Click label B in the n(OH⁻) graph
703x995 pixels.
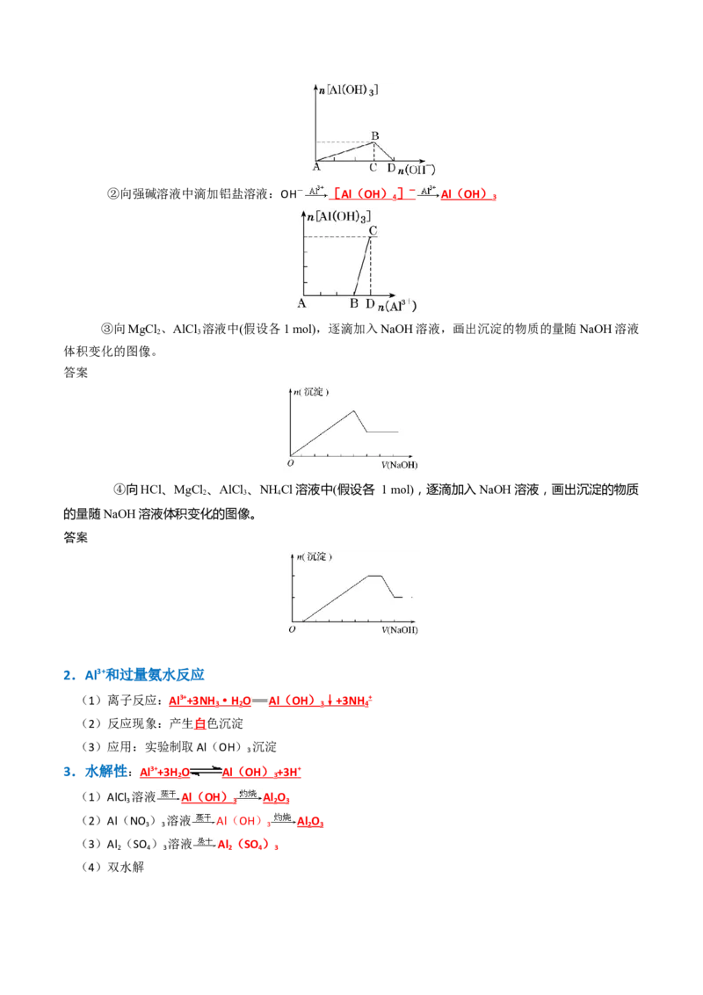374,135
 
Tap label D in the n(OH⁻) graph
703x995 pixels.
391,168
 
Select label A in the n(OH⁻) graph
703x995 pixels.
315,167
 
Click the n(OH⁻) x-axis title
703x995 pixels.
416,169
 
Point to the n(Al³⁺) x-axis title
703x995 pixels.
396,305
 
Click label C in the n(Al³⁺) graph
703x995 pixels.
373,230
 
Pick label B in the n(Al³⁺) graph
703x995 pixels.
353,304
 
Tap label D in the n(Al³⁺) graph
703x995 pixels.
370,304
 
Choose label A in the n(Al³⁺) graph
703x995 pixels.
301,304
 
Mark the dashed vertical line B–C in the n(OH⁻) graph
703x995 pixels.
374,151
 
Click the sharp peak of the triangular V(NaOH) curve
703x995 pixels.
353,410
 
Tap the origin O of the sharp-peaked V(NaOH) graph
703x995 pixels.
291,462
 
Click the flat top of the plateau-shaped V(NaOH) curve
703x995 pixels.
374,575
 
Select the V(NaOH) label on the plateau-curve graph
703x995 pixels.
400,631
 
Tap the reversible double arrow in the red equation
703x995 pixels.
204,772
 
